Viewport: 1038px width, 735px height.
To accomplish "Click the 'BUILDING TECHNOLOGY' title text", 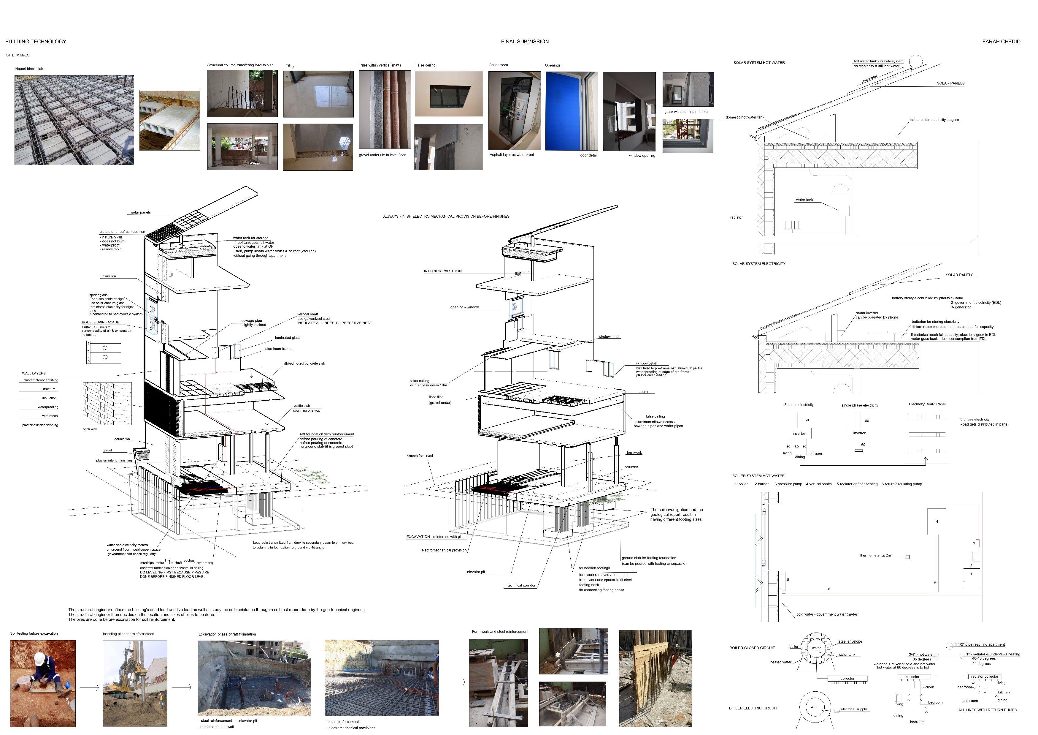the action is [x=35, y=42].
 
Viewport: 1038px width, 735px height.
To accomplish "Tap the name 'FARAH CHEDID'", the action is [x=1001, y=42].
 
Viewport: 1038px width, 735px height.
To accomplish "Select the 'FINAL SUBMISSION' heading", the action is [x=525, y=42].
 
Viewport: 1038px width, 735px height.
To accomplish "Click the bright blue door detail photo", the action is [x=571, y=111].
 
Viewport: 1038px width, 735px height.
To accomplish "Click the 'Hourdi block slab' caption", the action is [x=29, y=69].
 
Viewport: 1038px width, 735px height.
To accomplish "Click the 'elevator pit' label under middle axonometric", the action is [x=476, y=572].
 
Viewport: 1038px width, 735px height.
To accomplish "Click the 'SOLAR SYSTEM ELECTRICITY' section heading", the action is [x=758, y=263].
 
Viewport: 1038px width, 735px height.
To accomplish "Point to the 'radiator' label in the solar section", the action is [x=736, y=217].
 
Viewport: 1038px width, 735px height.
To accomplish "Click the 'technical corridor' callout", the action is [x=521, y=585].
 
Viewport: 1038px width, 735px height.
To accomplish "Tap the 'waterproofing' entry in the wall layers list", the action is [x=48, y=407].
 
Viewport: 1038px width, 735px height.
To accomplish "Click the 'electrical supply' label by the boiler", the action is [x=853, y=709].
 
